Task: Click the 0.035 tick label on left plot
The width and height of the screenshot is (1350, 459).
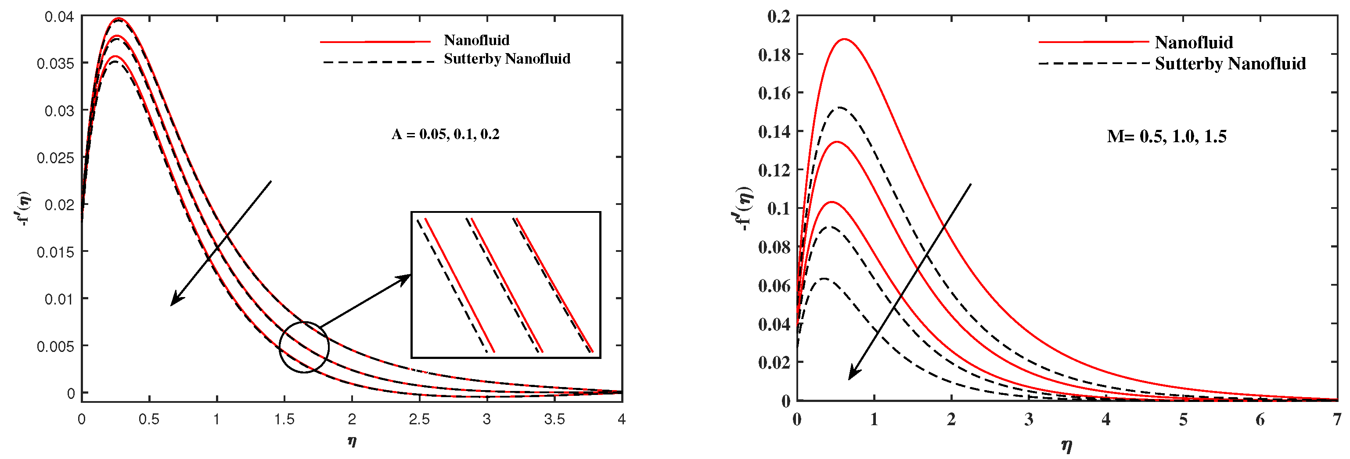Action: tap(55, 63)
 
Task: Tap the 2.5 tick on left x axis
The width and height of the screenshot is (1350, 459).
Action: tap(419, 419)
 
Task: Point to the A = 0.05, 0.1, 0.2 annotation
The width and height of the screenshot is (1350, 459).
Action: tap(446, 134)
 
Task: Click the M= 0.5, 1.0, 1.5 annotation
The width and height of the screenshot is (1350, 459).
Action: tap(1166, 137)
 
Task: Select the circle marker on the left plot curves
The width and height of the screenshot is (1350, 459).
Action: tap(304, 347)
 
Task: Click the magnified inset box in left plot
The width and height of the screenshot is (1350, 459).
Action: tap(506, 284)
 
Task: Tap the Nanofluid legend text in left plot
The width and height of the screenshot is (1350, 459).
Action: tap(476, 40)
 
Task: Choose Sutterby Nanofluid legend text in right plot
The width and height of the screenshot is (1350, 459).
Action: tap(1230, 64)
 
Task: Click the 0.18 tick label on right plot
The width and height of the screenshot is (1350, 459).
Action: tap(774, 54)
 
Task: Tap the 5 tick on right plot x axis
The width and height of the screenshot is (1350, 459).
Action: tap(1183, 420)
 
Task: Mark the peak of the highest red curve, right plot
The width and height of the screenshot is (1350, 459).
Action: tap(844, 39)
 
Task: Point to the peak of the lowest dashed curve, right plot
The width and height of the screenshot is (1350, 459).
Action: tap(824, 279)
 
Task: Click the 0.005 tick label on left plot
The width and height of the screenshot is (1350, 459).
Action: tap(55, 346)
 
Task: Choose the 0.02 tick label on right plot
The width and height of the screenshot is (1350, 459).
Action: tap(774, 362)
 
